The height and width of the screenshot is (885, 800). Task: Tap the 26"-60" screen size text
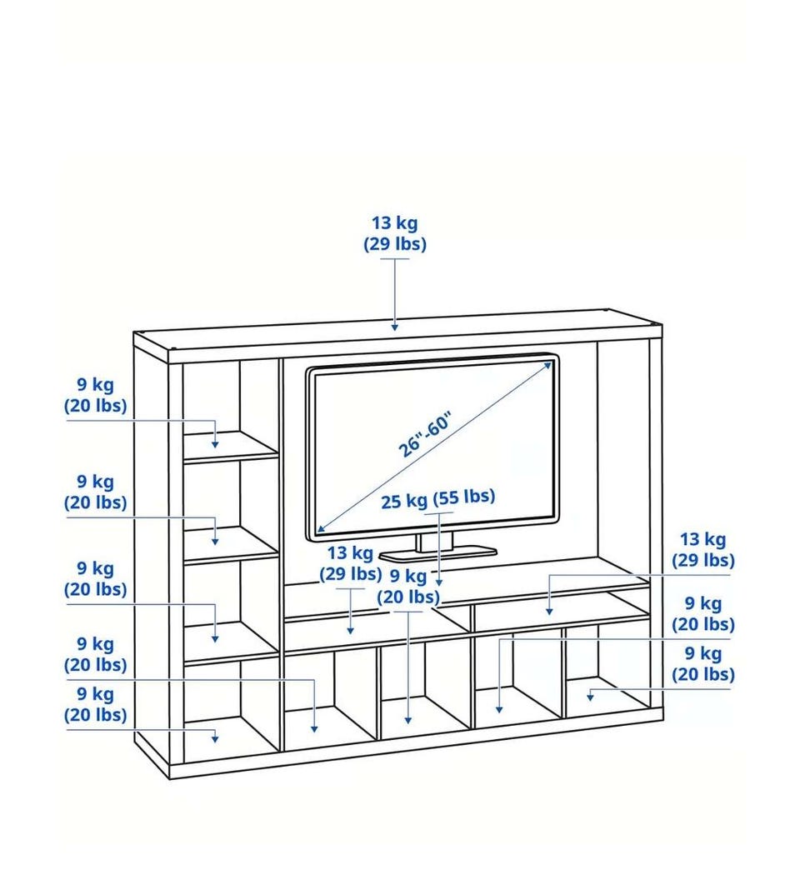point(424,435)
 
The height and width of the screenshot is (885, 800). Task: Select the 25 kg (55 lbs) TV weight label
point(437,498)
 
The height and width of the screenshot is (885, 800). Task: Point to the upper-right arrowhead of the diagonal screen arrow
point(547,366)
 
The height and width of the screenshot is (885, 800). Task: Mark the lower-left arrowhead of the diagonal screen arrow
point(320,528)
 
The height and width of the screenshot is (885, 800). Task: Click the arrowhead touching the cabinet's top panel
point(395,327)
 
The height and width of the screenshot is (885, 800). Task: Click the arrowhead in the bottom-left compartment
point(215,738)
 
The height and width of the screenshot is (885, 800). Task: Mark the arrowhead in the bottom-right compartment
point(590,697)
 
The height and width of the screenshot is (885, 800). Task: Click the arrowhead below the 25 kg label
point(439,582)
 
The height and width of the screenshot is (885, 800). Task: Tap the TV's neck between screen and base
point(435,542)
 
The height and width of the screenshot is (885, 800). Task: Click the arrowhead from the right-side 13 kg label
point(549,611)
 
